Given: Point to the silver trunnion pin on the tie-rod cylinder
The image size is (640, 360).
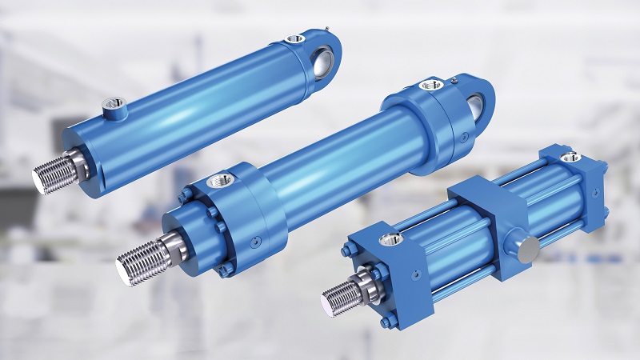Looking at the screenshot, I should (x=527, y=249).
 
